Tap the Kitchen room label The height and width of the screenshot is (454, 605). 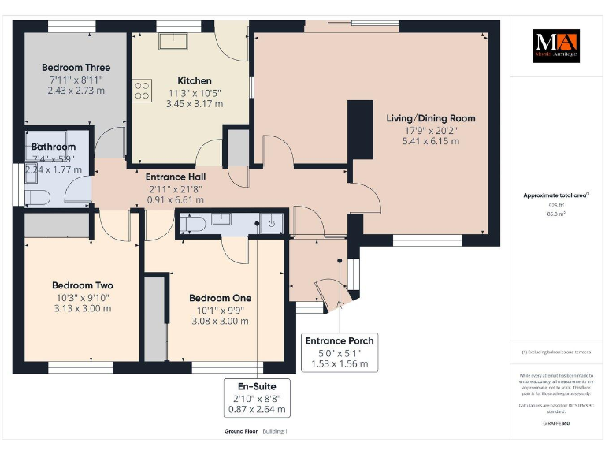(195, 80)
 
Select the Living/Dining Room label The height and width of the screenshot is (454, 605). (430, 118)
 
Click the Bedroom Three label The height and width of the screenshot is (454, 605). (76, 68)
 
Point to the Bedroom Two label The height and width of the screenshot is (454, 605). (82, 285)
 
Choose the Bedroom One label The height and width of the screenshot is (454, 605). (220, 298)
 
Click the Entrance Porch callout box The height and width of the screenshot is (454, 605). (340, 352)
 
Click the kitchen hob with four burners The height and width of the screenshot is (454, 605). (143, 91)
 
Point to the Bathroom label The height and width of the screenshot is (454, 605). (54, 147)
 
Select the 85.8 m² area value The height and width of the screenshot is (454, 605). (556, 213)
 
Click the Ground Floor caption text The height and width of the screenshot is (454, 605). (240, 431)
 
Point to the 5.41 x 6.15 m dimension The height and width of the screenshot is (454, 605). (430, 141)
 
